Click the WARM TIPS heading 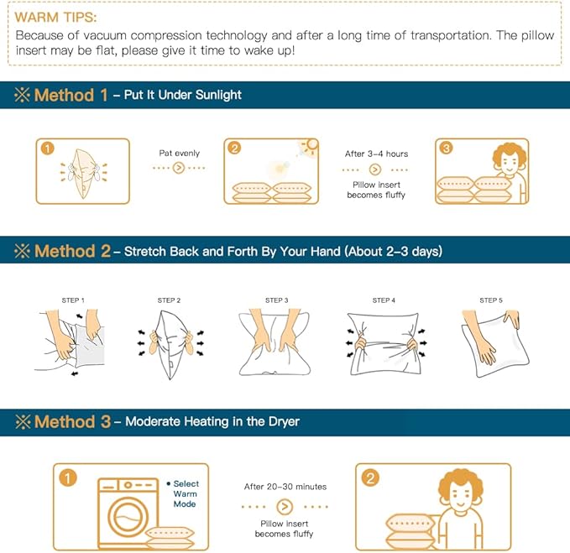tap(55, 17)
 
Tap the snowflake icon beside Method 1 tap(22, 95)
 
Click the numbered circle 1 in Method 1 tap(48, 149)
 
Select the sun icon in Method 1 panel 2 tap(310, 147)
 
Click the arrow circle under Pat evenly tap(179, 168)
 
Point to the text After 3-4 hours tap(376, 154)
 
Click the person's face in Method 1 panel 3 tap(509, 164)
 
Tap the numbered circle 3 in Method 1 tap(447, 148)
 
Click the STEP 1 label tap(73, 300)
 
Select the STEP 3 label tap(277, 300)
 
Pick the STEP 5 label tap(491, 300)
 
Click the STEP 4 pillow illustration tap(384, 344)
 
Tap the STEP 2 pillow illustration tap(170, 344)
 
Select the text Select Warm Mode tap(185, 493)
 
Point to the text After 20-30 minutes tap(285, 487)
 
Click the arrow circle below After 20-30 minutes tap(285, 507)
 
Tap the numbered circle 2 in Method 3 tap(370, 477)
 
